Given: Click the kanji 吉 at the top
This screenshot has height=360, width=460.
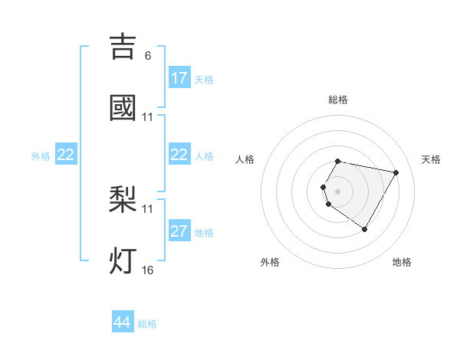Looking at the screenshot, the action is point(123,46).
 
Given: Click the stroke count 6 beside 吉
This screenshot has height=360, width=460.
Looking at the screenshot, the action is point(147,56).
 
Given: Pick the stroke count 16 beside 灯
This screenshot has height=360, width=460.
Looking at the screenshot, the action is point(147,270).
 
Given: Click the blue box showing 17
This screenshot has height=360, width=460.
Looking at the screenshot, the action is point(179,78).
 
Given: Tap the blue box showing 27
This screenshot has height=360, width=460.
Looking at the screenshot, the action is point(179,231).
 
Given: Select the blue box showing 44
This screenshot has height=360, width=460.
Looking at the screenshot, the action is point(123,322).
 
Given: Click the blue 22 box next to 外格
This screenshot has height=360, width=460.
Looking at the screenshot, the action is point(66,155).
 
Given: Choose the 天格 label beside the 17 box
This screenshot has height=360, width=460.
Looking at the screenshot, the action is point(204,80).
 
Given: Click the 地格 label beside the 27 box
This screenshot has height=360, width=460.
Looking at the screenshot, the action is point(204,233).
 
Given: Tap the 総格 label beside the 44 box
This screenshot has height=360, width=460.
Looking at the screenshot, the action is point(147,324).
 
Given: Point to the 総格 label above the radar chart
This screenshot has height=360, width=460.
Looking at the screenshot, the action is point(338,100).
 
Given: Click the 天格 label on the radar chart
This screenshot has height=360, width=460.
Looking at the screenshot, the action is point(432,159).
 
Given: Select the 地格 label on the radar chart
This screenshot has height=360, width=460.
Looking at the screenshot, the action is point(402,262).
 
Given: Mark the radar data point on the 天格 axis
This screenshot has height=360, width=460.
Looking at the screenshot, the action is point(396,172).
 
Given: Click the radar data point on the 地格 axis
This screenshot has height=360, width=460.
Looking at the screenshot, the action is point(364,229).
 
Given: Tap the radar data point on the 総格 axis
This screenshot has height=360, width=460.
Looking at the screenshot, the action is point(338,161).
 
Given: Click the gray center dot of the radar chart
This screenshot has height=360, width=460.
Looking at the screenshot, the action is point(338,191).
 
